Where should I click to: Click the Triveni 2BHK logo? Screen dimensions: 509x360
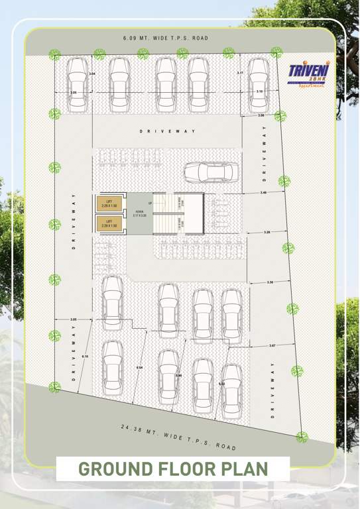point(306,77)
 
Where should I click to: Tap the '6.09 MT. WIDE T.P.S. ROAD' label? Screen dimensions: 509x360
point(166,38)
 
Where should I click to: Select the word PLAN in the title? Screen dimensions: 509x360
point(243,469)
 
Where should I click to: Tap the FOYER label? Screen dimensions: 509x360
point(139,213)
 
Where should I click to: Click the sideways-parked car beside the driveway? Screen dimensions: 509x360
point(211,172)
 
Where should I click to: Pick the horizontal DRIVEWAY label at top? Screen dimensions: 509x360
point(168,131)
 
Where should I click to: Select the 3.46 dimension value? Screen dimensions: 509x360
point(263,193)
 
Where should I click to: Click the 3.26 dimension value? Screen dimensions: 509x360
point(267,232)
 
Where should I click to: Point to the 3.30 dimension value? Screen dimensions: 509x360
point(270,282)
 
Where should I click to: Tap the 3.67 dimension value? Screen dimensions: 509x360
point(272,345)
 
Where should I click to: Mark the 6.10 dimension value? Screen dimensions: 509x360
point(85,357)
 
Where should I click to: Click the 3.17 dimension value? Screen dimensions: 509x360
point(240,73)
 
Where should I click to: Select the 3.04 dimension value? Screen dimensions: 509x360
point(92,73)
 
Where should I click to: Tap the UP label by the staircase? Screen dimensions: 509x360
point(150,203)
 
